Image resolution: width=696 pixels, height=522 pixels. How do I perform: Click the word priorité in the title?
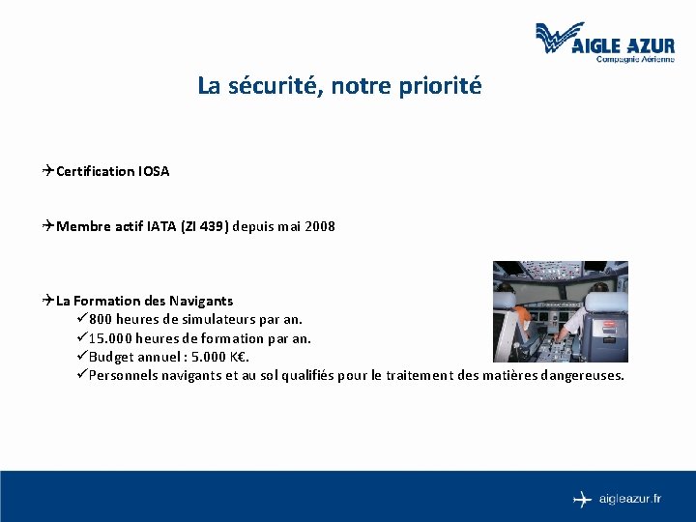point(443,86)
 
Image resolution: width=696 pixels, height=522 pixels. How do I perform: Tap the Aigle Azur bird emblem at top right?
point(560,38)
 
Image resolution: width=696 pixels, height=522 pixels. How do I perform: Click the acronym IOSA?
point(154,171)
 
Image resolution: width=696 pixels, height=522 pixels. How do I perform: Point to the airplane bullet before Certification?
point(48,171)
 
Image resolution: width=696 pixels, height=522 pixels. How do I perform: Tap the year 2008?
point(319,226)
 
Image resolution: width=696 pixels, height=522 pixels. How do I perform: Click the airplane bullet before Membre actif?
point(48,226)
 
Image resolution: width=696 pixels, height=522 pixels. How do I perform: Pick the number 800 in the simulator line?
point(101,319)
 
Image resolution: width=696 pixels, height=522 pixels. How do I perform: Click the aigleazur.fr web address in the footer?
point(629,499)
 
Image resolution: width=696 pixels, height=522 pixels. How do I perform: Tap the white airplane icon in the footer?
point(582,499)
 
